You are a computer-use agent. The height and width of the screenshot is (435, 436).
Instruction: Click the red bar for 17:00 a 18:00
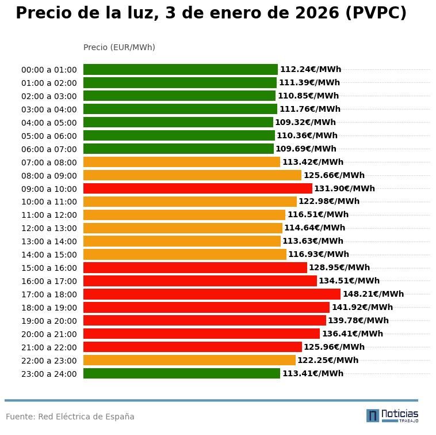click(x=212, y=294)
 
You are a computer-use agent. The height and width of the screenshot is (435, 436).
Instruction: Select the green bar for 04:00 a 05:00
click(x=178, y=122)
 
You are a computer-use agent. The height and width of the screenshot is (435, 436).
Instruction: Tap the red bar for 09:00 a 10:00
click(x=198, y=188)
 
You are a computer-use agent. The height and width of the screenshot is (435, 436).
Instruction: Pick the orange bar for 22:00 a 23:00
click(x=189, y=360)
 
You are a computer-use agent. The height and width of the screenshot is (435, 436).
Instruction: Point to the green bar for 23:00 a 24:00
click(x=182, y=373)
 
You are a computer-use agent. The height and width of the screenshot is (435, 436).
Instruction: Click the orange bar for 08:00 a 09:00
click(x=192, y=175)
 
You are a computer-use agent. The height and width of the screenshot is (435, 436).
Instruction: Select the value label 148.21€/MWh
click(x=373, y=294)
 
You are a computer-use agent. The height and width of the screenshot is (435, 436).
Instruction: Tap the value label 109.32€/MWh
click(x=305, y=122)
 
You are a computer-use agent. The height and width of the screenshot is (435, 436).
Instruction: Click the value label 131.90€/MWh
click(x=345, y=188)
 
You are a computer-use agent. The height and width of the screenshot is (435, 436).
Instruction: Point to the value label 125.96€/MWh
click(x=334, y=347)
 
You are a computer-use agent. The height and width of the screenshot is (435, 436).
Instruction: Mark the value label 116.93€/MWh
click(x=319, y=255)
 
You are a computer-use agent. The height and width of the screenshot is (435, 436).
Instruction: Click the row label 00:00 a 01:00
click(x=49, y=70)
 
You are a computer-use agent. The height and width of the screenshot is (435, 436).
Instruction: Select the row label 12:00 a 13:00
click(x=49, y=228)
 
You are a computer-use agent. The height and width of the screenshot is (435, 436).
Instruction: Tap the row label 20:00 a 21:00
click(x=49, y=334)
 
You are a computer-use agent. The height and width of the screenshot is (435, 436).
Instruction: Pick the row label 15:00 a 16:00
click(x=49, y=268)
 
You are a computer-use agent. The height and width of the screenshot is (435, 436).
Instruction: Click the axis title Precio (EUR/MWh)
click(x=119, y=47)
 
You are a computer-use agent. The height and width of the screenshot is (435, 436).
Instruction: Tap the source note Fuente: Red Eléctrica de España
click(x=70, y=417)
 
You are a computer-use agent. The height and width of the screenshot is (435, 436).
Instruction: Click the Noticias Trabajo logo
click(x=392, y=415)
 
